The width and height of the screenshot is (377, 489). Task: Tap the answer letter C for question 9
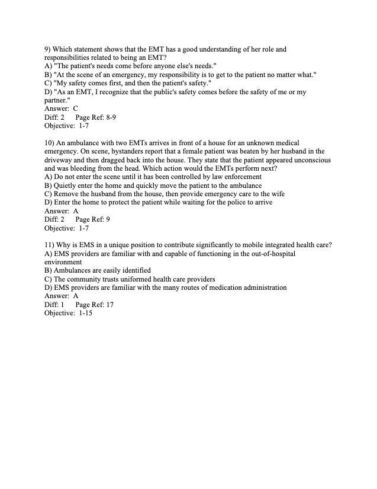(76, 109)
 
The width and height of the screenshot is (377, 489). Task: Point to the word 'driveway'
(59, 160)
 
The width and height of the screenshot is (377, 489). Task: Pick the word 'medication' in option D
(224, 287)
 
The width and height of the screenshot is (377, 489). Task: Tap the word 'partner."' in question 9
(57, 100)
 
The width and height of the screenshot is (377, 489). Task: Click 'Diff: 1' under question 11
(54, 304)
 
